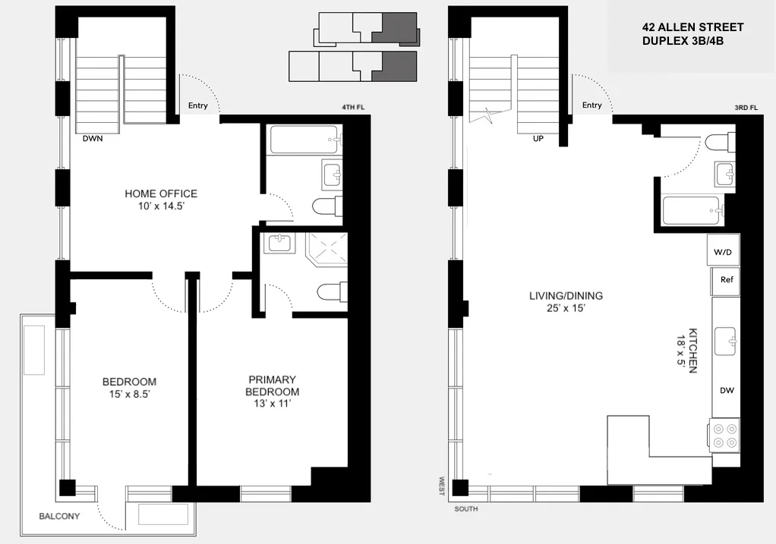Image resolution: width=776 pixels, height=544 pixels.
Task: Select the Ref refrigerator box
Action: click(x=726, y=280)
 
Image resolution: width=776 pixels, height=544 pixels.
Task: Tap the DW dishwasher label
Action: click(x=727, y=391)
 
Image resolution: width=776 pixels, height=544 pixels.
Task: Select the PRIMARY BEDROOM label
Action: click(x=271, y=385)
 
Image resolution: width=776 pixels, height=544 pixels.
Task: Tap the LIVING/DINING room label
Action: click(x=566, y=296)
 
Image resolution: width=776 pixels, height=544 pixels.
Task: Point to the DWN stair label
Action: click(x=93, y=140)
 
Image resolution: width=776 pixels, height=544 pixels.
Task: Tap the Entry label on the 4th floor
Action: click(x=197, y=106)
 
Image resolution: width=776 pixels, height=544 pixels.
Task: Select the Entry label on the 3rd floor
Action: click(x=591, y=105)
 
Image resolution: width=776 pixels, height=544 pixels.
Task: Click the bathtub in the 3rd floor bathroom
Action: click(x=691, y=209)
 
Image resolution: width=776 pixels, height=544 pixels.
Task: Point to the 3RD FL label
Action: click(x=746, y=108)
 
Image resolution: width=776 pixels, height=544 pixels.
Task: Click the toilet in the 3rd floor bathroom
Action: click(x=718, y=142)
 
